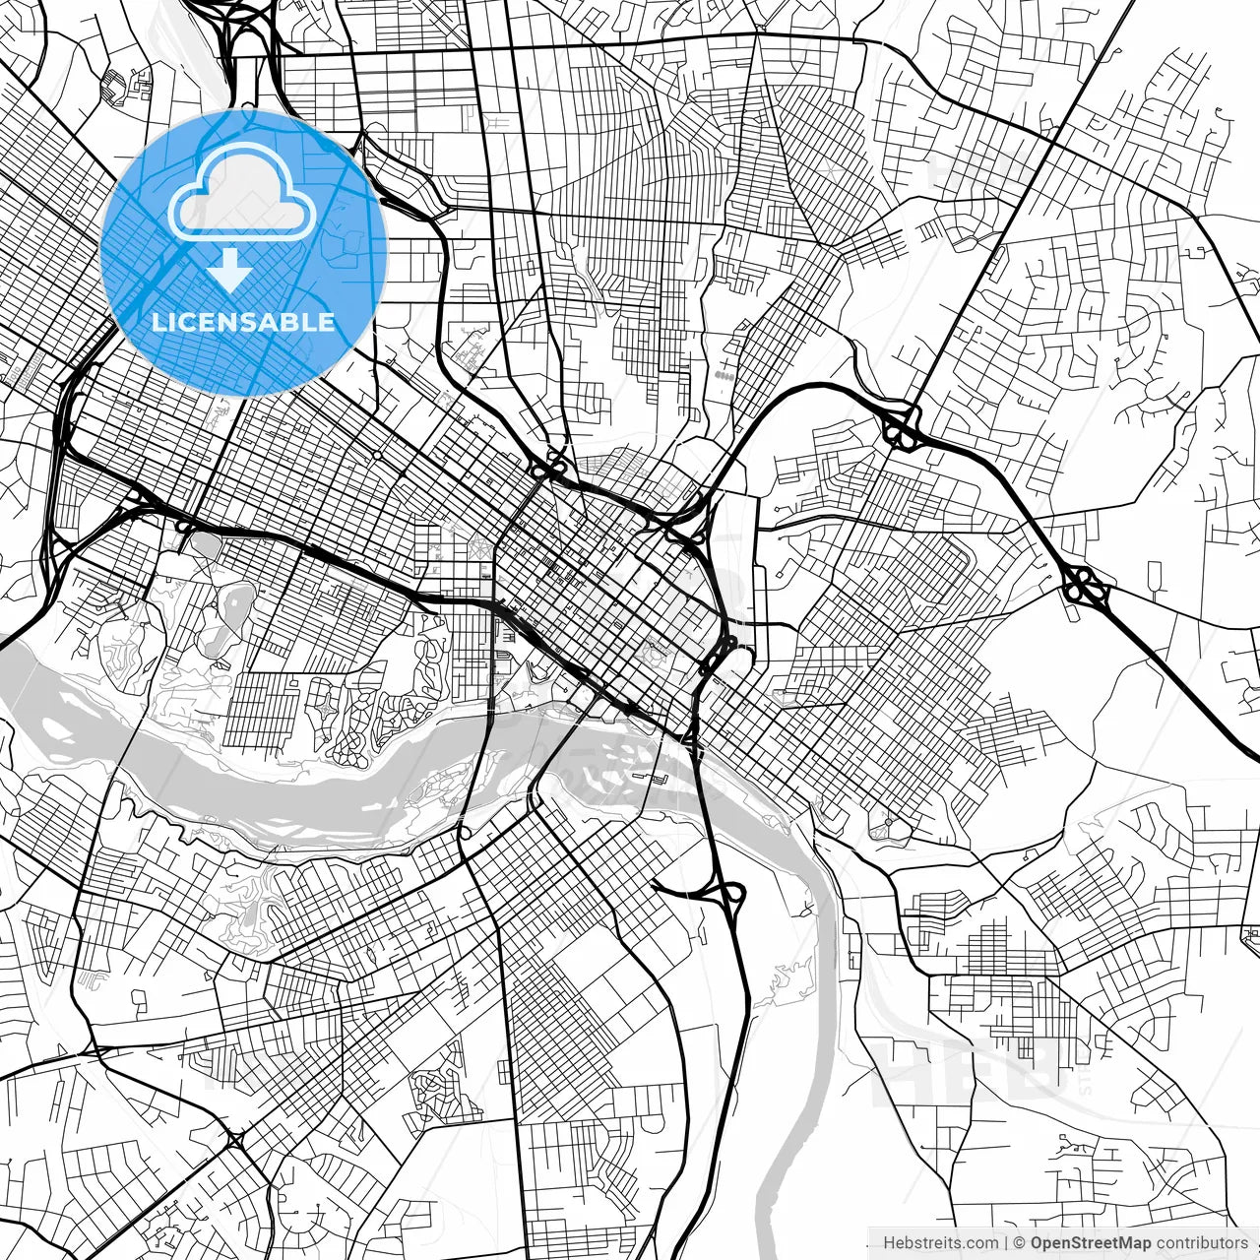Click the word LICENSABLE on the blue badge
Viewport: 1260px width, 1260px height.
pos(243,322)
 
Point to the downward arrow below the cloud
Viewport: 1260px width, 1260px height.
pos(229,270)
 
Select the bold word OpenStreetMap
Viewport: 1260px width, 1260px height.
pos(1091,1243)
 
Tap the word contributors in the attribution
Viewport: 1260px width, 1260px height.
pos(1202,1243)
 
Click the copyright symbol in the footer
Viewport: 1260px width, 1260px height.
pos(1021,1243)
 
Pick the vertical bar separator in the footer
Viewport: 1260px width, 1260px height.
pos(1005,1243)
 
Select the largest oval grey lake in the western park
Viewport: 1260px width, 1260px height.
pos(237,607)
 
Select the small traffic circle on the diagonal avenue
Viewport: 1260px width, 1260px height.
pos(377,456)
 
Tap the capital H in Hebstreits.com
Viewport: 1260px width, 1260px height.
pos(889,1243)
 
